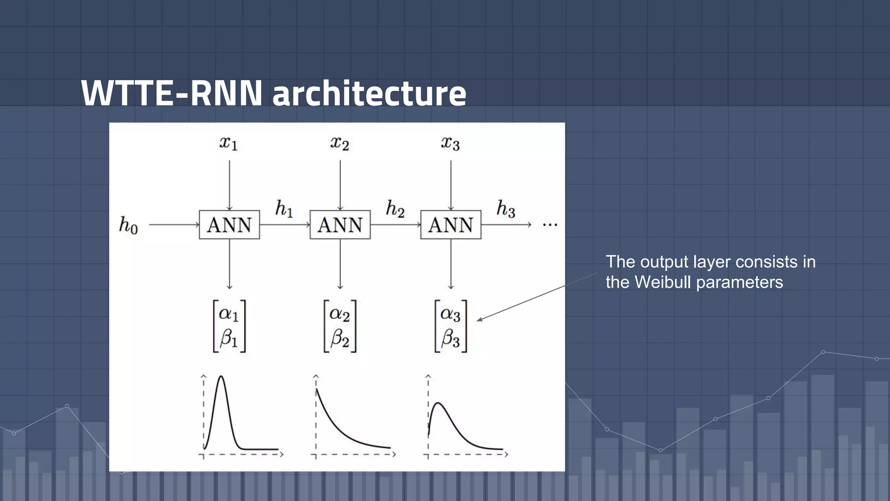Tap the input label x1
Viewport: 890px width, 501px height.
pos(229,143)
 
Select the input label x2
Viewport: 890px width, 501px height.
pos(339,143)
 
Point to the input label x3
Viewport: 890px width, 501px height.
pos(450,143)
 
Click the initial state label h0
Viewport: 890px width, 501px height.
pos(128,226)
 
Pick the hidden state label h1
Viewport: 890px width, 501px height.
pos(284,209)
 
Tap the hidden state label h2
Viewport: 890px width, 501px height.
pos(395,209)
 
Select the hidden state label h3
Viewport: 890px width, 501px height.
pos(505,209)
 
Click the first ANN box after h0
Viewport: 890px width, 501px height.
pos(229,225)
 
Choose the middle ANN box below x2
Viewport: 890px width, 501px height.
pos(340,225)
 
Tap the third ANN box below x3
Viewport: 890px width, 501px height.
pos(451,225)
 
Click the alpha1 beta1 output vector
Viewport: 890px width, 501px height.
pos(229,326)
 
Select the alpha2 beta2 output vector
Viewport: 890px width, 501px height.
pos(340,326)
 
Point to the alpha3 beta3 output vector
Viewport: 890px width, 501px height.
pos(451,326)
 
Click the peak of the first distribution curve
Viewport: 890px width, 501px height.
pos(222,377)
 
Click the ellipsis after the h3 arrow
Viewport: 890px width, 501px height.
pos(550,225)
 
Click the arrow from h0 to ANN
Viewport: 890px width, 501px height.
pos(174,225)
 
